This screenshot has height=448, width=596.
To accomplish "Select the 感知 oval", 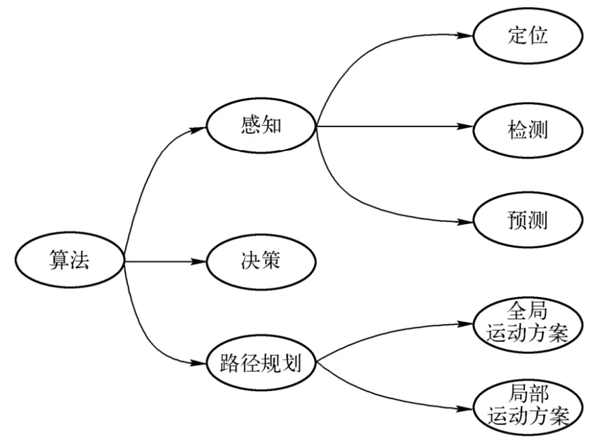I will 260,127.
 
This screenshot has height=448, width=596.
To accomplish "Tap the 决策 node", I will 260,261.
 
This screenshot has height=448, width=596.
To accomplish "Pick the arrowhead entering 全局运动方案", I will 467,323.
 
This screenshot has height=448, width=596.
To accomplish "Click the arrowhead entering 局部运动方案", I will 467,407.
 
